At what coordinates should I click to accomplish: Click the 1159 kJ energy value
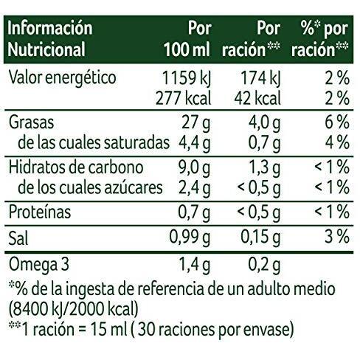click(187, 79)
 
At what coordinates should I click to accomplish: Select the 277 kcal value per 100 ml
click(184, 99)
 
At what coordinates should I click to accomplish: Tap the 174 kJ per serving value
click(260, 79)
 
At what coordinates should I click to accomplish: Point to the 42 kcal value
click(257, 99)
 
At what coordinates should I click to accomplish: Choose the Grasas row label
click(31, 122)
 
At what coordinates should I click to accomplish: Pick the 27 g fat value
click(196, 123)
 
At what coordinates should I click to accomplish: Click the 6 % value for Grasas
click(337, 122)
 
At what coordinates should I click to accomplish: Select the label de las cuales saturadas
click(94, 142)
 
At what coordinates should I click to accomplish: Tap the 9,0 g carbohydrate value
click(194, 168)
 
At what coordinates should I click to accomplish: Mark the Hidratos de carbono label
click(76, 167)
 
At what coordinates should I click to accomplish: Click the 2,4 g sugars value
click(194, 188)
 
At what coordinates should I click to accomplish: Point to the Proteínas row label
click(40, 212)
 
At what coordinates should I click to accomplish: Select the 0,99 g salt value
click(190, 238)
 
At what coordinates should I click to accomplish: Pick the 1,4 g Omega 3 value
click(194, 266)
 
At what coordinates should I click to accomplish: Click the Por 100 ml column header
click(187, 39)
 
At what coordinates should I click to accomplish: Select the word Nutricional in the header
click(46, 49)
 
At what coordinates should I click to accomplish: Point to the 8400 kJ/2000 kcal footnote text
click(74, 309)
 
